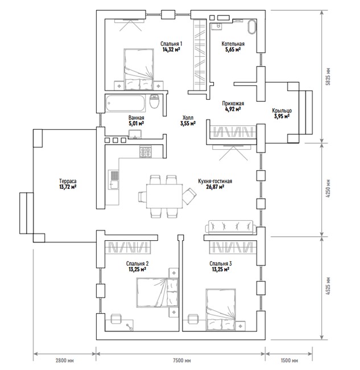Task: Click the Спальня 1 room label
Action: pyautogui.click(x=171, y=44)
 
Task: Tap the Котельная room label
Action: pyautogui.click(x=233, y=44)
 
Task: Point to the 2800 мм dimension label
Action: pyautogui.click(x=65, y=360)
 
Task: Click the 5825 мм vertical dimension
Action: pyautogui.click(x=328, y=77)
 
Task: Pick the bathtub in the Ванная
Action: pyautogui.click(x=125, y=103)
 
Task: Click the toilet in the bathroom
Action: pyautogui.click(x=155, y=101)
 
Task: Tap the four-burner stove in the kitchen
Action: pyautogui.click(x=146, y=152)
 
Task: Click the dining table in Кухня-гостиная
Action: pyautogui.click(x=164, y=196)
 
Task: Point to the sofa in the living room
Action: pyautogui.click(x=230, y=227)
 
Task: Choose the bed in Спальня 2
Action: pyautogui.click(x=157, y=293)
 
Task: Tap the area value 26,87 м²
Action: pyautogui.click(x=215, y=187)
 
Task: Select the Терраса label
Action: pyautogui.click(x=68, y=181)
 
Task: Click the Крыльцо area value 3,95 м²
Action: pyautogui.click(x=282, y=116)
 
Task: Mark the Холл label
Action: pyautogui.click(x=188, y=117)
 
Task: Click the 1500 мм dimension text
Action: pyautogui.click(x=289, y=360)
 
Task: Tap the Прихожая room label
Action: pyautogui.click(x=233, y=104)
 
